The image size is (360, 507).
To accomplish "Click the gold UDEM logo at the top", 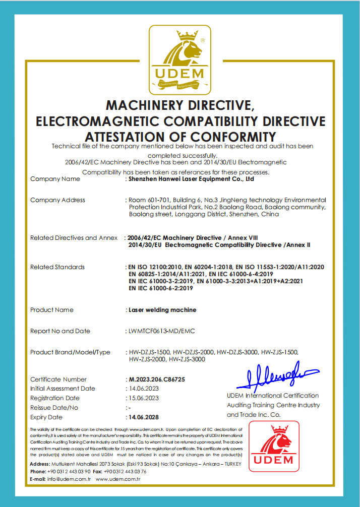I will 179,59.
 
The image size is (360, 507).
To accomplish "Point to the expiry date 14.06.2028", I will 144,417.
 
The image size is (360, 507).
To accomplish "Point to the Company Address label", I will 57,200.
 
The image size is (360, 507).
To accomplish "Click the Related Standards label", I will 57,267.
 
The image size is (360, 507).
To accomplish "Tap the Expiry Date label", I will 46,417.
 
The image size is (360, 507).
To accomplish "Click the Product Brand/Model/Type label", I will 70,352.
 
